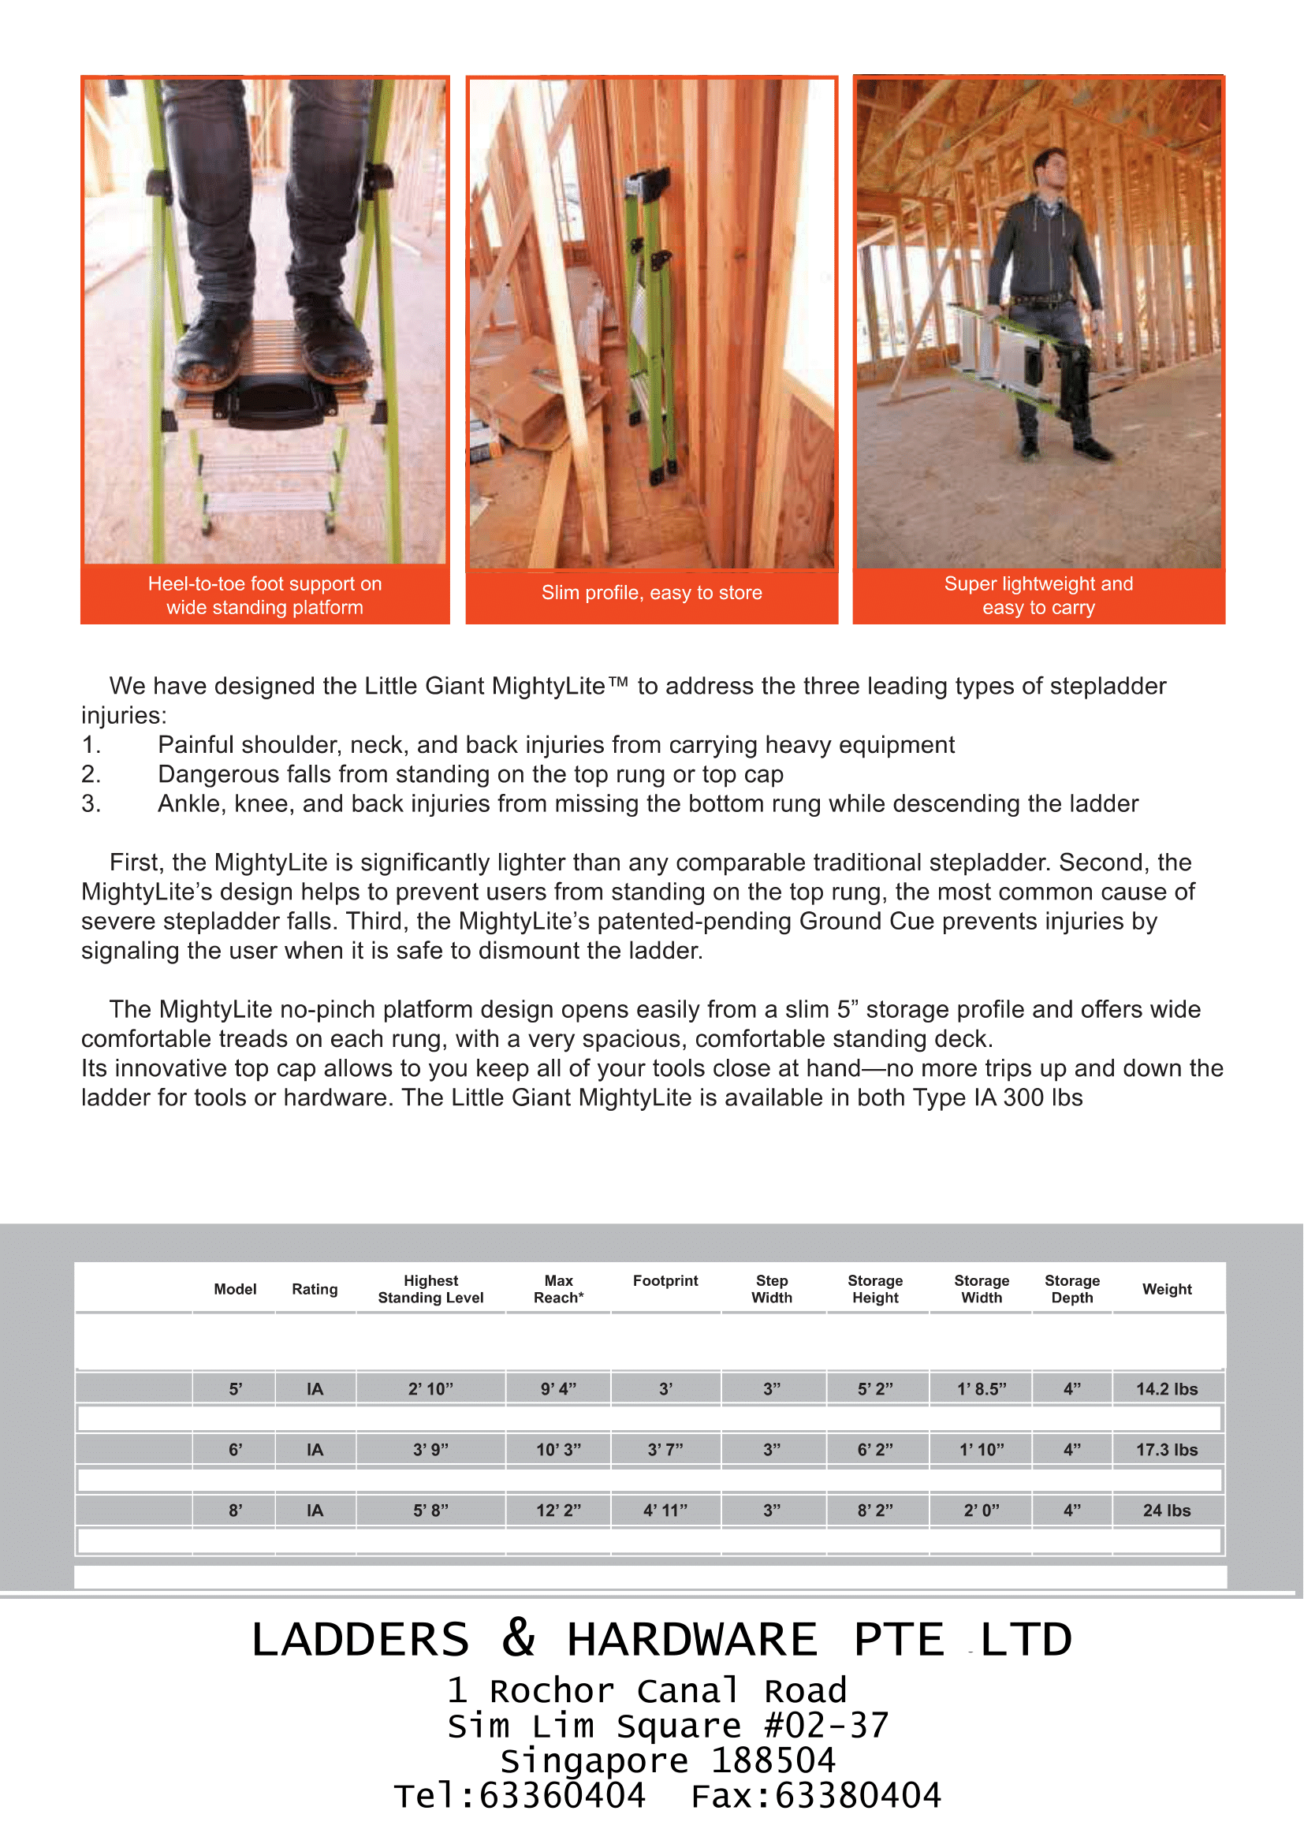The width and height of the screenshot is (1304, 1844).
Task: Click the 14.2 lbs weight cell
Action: click(x=1166, y=1388)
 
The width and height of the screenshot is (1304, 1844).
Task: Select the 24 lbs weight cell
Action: click(x=1166, y=1510)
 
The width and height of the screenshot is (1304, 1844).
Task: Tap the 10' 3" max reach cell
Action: click(x=558, y=1450)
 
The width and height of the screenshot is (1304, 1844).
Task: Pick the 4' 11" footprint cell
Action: click(x=665, y=1510)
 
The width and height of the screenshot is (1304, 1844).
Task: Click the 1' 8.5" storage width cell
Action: click(x=982, y=1388)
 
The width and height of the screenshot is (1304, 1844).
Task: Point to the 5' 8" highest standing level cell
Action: click(x=430, y=1510)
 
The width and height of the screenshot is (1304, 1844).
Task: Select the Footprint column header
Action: click(x=665, y=1280)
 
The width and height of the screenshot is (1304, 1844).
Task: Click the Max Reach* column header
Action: click(x=558, y=1288)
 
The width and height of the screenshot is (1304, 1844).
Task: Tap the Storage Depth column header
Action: click(x=1071, y=1288)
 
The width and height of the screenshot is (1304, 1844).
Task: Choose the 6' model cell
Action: click(x=235, y=1450)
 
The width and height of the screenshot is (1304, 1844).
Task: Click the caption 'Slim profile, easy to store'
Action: click(x=651, y=593)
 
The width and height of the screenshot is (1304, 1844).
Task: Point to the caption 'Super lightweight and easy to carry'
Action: click(x=1038, y=595)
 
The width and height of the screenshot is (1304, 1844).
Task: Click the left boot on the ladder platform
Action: click(x=211, y=341)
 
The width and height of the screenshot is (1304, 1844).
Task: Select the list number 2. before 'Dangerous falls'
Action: click(x=91, y=774)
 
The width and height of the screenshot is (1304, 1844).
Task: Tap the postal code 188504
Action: click(x=773, y=1760)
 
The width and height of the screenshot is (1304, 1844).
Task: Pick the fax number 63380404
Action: click(x=857, y=1796)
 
